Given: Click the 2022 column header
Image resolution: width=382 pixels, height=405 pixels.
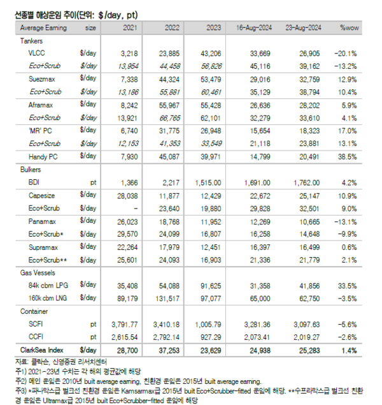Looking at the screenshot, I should point(172,28).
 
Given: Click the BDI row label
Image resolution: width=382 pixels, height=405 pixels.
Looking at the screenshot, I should point(36,182).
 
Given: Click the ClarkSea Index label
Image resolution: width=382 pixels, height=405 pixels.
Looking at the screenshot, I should point(42,349).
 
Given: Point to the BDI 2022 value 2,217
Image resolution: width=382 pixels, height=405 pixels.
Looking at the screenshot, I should point(173,182).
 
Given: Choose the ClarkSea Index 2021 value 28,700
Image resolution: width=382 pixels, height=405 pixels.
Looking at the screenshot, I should point(125,349).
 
